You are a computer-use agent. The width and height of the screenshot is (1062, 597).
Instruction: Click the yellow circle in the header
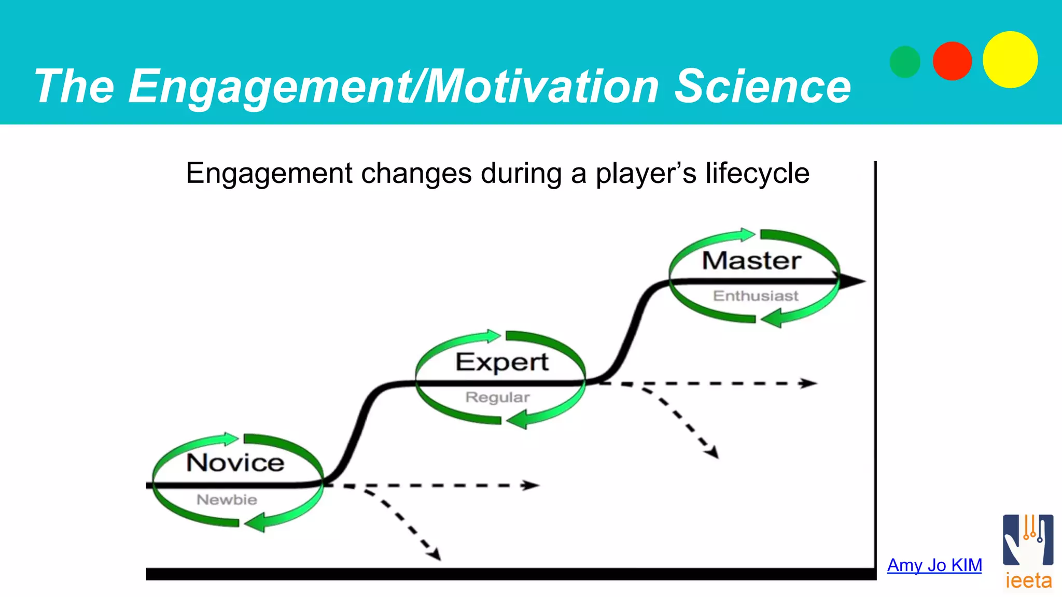pos(1010,60)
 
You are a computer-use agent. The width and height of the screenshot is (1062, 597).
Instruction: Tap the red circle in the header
pos(952,61)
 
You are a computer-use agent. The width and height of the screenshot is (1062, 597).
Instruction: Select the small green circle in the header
pos(905,62)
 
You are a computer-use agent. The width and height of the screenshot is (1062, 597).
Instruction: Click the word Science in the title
pos(762,87)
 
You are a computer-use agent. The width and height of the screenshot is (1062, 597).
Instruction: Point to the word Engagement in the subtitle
pos(269,174)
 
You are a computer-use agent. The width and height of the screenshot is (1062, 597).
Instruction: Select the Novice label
pos(235,462)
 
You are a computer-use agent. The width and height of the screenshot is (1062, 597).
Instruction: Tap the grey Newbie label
pos(227,500)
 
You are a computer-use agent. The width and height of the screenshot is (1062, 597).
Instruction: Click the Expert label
pos(502,362)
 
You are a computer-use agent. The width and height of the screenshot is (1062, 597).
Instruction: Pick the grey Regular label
pos(497,397)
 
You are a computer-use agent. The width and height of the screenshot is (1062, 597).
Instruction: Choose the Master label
pos(751,260)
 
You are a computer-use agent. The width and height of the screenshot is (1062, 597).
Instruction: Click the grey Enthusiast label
pos(756,296)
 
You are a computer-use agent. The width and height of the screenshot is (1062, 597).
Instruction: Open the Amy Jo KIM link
pos(934,565)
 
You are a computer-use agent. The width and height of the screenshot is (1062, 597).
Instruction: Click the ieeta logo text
pos(1028,581)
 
